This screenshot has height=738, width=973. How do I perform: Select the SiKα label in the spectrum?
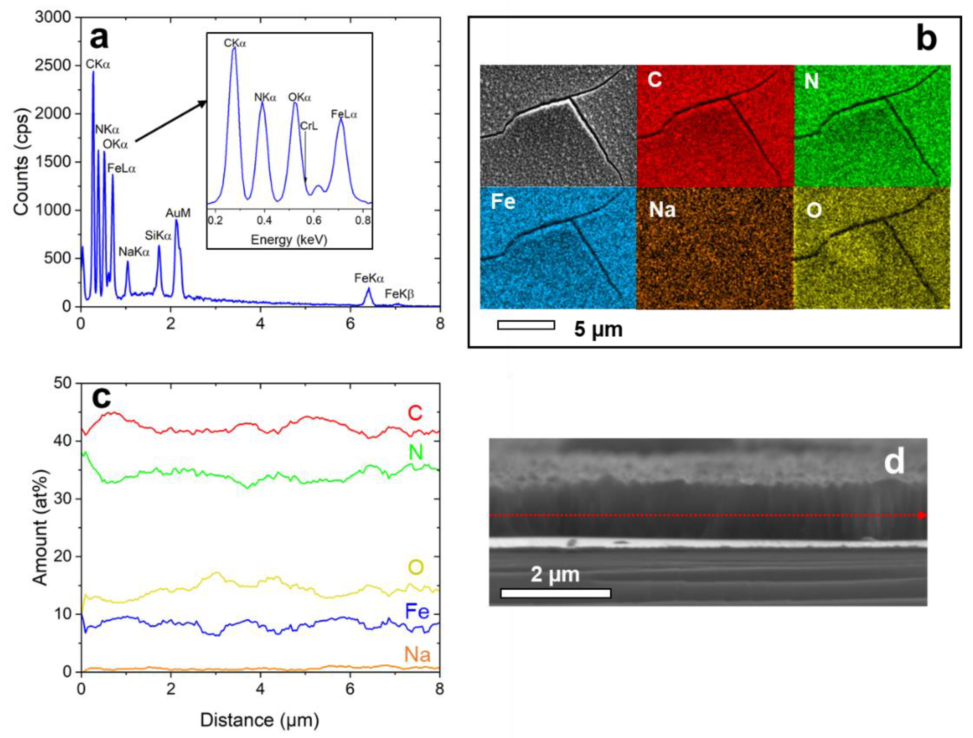pyautogui.click(x=158, y=236)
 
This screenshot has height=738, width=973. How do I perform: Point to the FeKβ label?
pyautogui.click(x=399, y=294)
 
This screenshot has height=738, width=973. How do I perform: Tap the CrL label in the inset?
pyautogui.click(x=309, y=126)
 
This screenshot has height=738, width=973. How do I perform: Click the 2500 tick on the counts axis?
pyautogui.click(x=53, y=65)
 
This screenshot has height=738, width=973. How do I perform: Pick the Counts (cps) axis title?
pyautogui.click(x=21, y=162)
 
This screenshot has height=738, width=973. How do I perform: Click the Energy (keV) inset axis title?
pyautogui.click(x=289, y=240)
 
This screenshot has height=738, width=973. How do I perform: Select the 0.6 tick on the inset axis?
pyautogui.click(x=314, y=220)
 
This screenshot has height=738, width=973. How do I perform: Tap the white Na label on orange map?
pyautogui.click(x=662, y=209)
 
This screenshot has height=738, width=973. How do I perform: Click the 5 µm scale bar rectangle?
pyautogui.click(x=526, y=325)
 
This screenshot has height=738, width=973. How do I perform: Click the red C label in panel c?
pyautogui.click(x=415, y=413)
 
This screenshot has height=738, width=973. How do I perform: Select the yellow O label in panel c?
pyautogui.click(x=416, y=567)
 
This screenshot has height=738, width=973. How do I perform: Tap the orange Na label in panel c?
pyautogui.click(x=417, y=655)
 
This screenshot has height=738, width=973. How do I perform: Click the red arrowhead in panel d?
pyautogui.click(x=923, y=515)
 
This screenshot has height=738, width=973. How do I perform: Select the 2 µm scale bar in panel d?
pyautogui.click(x=556, y=593)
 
